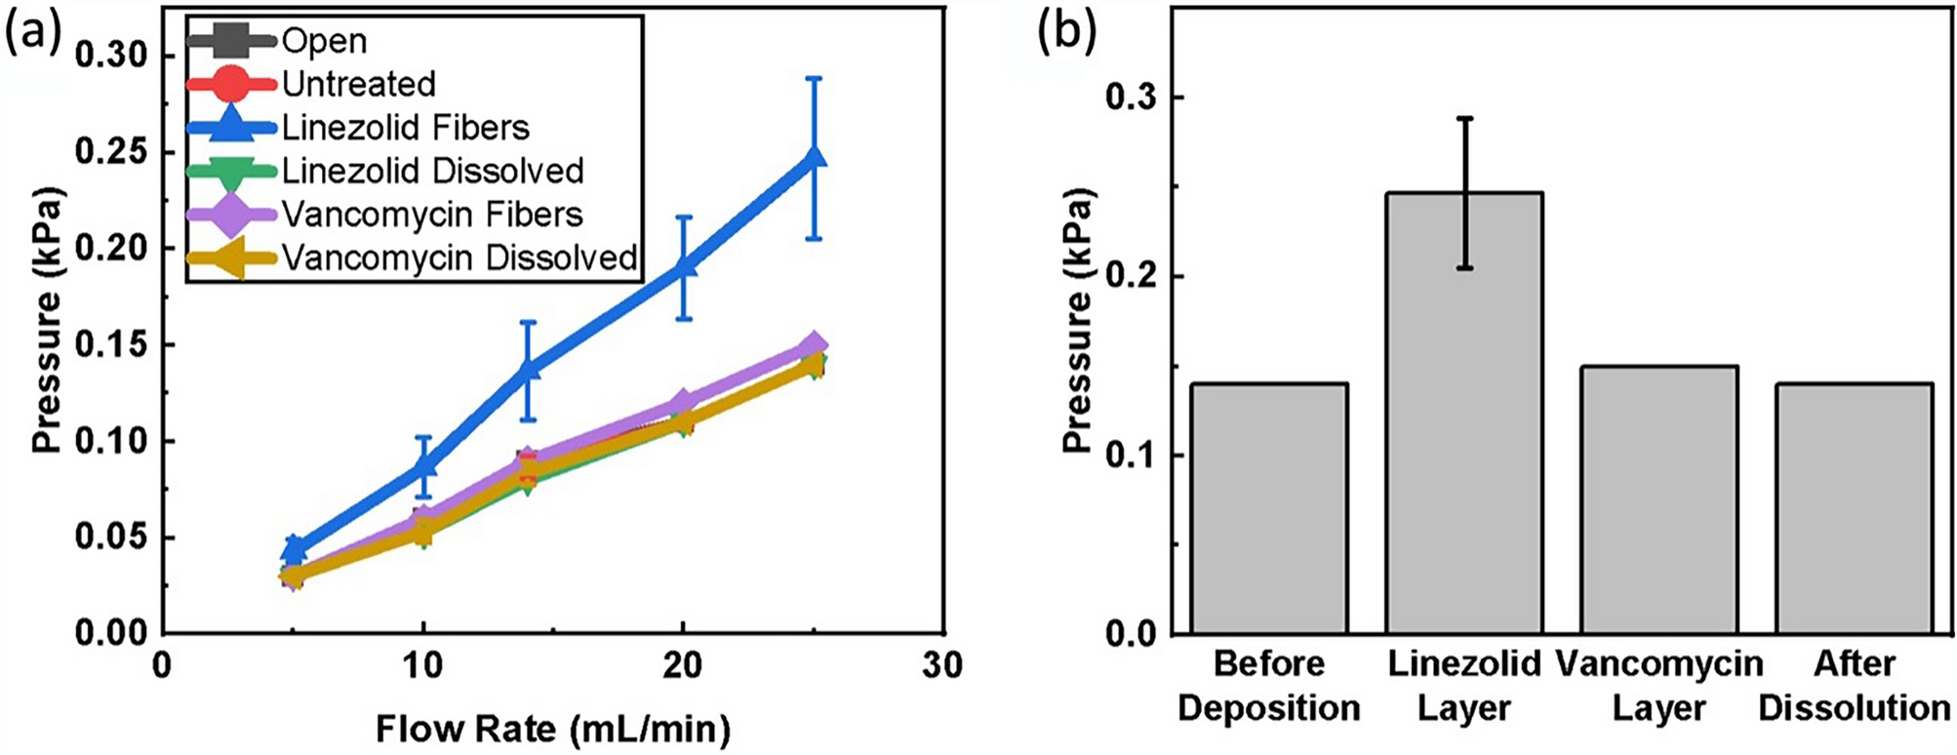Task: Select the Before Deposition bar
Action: click(1268, 507)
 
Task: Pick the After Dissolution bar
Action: click(1854, 507)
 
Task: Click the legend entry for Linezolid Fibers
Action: click(405, 128)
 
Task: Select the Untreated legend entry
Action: click(358, 85)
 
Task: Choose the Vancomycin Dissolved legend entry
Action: click(459, 258)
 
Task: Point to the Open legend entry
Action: click(324, 42)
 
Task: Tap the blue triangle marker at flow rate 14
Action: click(528, 369)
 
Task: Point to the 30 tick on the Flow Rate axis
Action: click(942, 666)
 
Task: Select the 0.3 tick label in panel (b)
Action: click(1133, 98)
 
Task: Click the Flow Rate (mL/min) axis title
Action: click(552, 729)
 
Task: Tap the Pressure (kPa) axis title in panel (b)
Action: click(1078, 320)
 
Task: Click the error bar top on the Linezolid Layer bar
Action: click(1463, 118)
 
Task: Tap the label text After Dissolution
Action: click(1854, 686)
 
